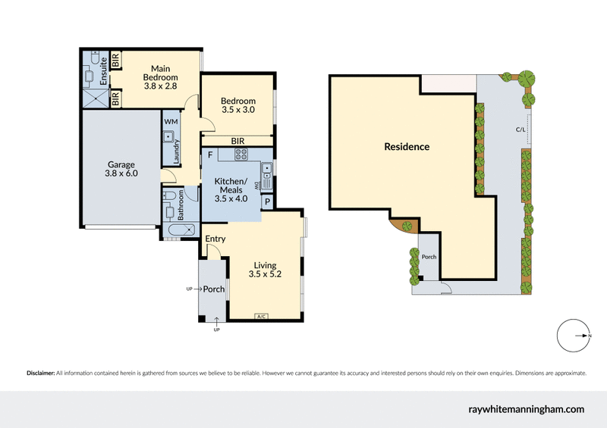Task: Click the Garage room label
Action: point(121,169)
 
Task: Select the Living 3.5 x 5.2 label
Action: point(265,270)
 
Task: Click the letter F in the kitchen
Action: point(209,155)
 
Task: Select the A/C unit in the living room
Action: point(261,316)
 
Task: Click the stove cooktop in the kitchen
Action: point(241,155)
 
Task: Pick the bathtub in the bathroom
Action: point(179,230)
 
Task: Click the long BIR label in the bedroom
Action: point(237,141)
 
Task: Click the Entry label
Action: point(215,239)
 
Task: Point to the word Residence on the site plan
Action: point(407,147)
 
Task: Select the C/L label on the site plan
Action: point(521,130)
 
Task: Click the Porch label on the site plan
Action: point(429,258)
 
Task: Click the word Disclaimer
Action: point(40,373)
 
